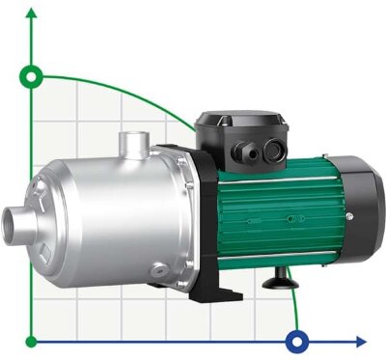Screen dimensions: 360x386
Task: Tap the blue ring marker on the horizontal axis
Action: click(298, 341)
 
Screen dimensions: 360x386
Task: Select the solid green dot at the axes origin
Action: click(34, 341)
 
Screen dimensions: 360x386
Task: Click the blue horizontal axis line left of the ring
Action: click(164, 341)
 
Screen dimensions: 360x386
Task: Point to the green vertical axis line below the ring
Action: click(34, 212)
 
